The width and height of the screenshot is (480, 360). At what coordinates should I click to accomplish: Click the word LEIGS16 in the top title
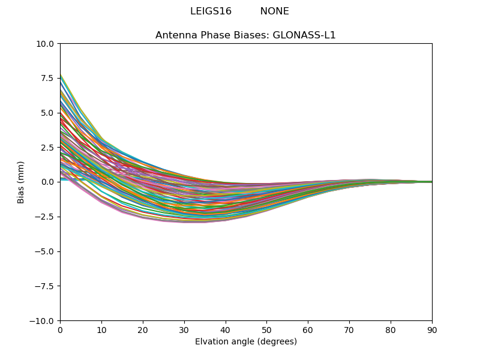click(211, 11)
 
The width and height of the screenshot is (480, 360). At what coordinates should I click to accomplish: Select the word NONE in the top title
click(274, 11)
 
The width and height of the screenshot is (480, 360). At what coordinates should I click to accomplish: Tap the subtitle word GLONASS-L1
click(304, 35)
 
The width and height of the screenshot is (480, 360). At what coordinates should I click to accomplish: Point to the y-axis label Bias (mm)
click(21, 182)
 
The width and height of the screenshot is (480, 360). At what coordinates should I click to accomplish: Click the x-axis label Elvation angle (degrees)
click(246, 342)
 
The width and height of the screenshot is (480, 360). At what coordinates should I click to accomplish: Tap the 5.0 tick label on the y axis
click(48, 113)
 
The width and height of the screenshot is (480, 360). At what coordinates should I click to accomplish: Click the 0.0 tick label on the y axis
click(48, 182)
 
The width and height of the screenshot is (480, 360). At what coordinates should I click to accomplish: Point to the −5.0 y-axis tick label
click(45, 251)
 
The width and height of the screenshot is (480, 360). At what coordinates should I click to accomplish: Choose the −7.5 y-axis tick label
click(45, 286)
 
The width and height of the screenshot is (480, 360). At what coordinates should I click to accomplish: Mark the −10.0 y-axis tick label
click(43, 321)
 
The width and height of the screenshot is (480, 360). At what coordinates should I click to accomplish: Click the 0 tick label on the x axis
click(60, 330)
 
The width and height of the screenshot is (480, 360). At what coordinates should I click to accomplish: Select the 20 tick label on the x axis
click(143, 330)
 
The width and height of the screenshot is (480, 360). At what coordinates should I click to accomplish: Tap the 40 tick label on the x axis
click(226, 330)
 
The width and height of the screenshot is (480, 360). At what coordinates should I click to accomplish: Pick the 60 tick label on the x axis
click(308, 330)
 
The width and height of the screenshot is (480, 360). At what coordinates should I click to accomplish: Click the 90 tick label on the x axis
click(432, 330)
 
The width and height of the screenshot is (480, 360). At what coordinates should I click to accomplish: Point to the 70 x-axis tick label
click(349, 330)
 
